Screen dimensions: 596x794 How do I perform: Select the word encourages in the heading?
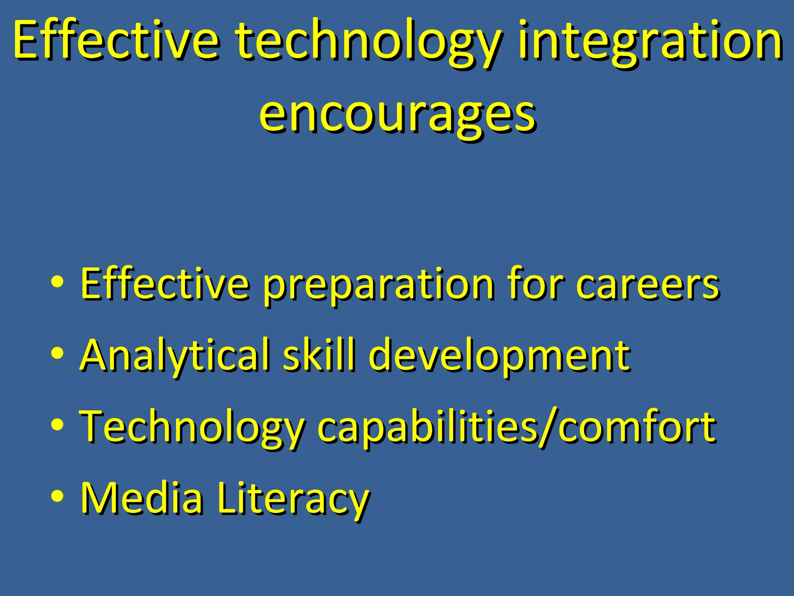tap(397, 114)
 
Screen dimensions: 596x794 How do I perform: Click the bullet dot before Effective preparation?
tap(57, 283)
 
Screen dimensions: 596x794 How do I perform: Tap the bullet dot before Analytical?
tap(57, 354)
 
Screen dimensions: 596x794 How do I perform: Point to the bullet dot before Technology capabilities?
tap(57, 425)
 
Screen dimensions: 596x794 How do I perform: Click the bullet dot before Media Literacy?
tap(57, 497)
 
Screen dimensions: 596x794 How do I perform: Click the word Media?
tap(141, 498)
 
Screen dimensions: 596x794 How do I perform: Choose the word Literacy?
tap(293, 501)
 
